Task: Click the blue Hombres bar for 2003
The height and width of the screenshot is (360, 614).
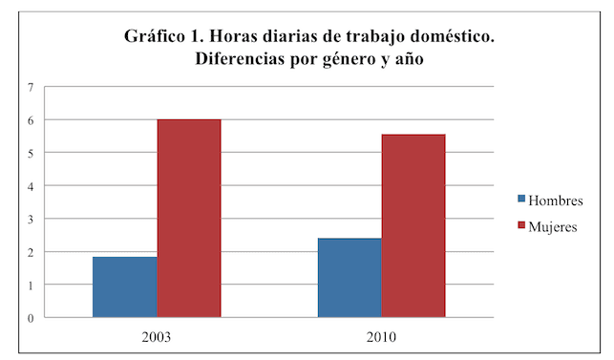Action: [x=125, y=286]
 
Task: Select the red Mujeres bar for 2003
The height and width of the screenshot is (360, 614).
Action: [x=189, y=218]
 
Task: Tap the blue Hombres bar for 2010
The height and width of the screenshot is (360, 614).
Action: [x=349, y=277]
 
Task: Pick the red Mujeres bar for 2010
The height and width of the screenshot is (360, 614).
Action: [x=413, y=225]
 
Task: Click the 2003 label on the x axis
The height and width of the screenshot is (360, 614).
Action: [x=157, y=337]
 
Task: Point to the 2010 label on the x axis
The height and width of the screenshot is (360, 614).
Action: [x=381, y=337]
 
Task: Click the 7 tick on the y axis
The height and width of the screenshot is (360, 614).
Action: [x=31, y=87]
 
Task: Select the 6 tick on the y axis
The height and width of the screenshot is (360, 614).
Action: [x=31, y=120]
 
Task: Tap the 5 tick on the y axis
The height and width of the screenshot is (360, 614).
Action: [x=31, y=153]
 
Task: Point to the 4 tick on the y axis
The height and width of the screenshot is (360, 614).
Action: [x=31, y=186]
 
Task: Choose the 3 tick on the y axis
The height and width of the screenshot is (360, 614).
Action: [x=31, y=219]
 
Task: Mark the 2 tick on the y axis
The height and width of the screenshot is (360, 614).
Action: [x=31, y=252]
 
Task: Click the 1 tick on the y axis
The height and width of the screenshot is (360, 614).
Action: [x=31, y=286]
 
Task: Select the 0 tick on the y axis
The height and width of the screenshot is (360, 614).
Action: [x=31, y=318]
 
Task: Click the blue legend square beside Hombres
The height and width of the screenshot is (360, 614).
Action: [x=521, y=199]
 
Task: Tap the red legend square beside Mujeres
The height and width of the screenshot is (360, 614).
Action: [x=521, y=224]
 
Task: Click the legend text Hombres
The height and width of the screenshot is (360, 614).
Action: [x=556, y=201]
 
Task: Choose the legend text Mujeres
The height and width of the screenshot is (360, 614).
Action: [x=553, y=227]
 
